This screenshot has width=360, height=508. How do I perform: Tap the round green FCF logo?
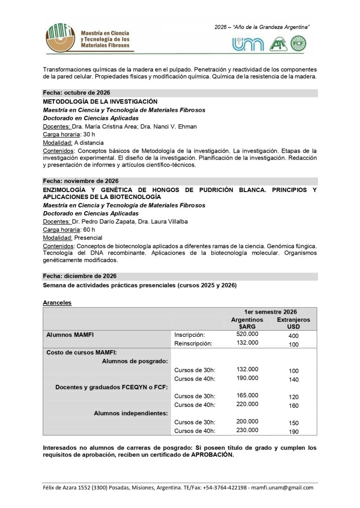pyautogui.click(x=299, y=44)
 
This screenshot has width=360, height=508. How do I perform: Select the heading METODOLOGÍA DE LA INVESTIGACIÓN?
pyautogui.click(x=100, y=102)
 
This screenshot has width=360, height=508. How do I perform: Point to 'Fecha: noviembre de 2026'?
pyautogui.click(x=80, y=181)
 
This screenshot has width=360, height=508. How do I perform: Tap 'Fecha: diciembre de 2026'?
pyautogui.click(x=79, y=276)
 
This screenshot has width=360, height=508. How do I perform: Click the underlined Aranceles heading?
pyautogui.click(x=57, y=303)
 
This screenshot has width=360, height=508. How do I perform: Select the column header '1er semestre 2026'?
pyautogui.click(x=270, y=312)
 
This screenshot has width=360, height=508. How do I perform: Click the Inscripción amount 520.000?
pyautogui.click(x=247, y=334)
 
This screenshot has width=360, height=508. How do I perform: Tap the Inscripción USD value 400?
pyautogui.click(x=293, y=336)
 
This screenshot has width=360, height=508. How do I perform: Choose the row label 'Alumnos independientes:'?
pyautogui.click(x=131, y=413)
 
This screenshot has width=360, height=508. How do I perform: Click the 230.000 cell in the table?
pyautogui.click(x=247, y=430)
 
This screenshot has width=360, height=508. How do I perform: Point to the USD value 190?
pyautogui.click(x=293, y=432)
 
